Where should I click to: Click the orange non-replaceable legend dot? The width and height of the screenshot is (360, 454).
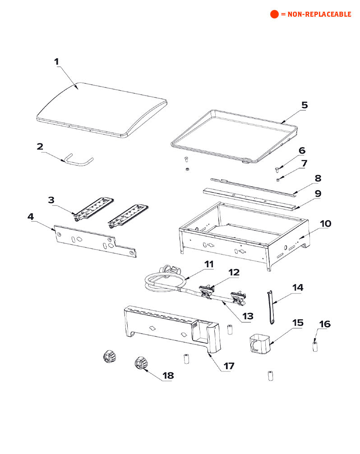274,14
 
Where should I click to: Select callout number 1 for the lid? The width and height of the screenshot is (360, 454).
56,62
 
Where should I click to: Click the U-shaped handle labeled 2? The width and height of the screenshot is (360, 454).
78,160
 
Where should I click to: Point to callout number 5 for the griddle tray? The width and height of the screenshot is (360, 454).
304,105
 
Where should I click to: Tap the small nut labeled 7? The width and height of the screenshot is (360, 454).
279,179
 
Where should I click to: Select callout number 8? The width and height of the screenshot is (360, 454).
318,178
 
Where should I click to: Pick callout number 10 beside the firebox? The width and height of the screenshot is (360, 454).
325,223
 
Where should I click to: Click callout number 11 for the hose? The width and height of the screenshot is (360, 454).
208,264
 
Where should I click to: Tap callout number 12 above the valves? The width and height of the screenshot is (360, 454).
234,272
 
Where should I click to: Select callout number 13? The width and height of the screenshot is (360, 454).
248,316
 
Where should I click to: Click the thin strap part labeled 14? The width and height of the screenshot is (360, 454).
271,307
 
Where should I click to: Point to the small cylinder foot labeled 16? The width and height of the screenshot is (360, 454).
315,347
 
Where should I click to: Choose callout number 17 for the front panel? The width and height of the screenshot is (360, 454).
229,366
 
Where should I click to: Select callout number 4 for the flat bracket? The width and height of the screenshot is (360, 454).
30,217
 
